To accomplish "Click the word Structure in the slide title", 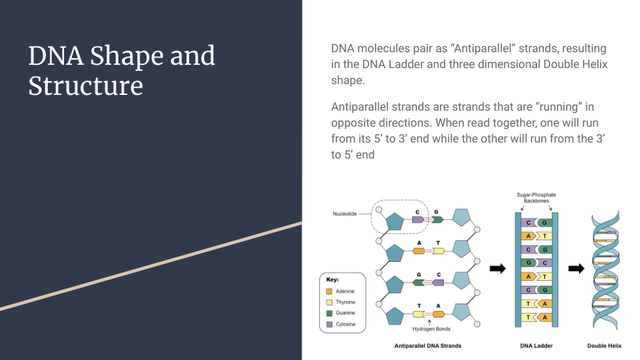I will pyautogui.click(x=86, y=86).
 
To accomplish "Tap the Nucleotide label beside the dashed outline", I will pyautogui.click(x=345, y=214).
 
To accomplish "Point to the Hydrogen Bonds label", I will pyautogui.click(x=431, y=329).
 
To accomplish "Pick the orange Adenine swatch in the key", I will pyautogui.click(x=329, y=291).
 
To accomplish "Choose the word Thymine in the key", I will pyautogui.click(x=346, y=302).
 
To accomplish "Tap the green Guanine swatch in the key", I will pyautogui.click(x=329, y=313).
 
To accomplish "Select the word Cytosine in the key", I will pyautogui.click(x=346, y=324).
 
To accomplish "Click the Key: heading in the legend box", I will pyautogui.click(x=332, y=279).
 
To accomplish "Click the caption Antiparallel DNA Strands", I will pyautogui.click(x=427, y=346).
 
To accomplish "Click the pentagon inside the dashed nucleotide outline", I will pyautogui.click(x=395, y=221).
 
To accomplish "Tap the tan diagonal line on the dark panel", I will pyautogui.click(x=151, y=266).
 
